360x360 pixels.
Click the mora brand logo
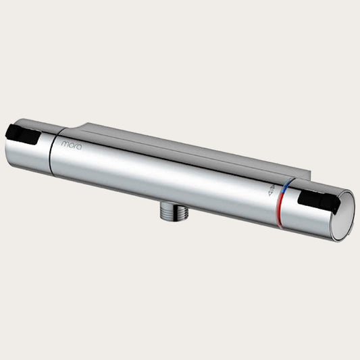tap(71, 145)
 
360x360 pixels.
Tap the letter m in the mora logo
tap(65, 144)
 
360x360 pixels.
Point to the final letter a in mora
tap(78, 146)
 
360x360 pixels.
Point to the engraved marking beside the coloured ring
tap(270, 193)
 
